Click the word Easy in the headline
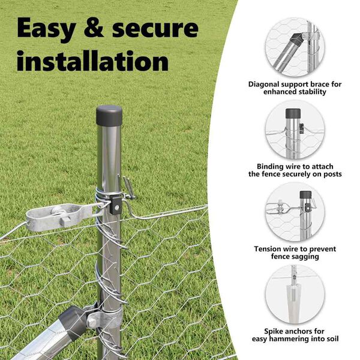coord(46,29)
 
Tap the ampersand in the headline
coord(94,28)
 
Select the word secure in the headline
coord(155,29)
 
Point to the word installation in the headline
coord(93,61)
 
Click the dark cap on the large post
coord(109,115)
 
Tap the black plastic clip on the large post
coord(115,205)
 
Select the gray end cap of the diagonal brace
coord(73,322)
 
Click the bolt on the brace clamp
coord(91,322)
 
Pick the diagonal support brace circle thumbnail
coord(295,47)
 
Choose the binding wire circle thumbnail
coord(295,129)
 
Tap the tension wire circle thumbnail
coord(295,212)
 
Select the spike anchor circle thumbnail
coord(295,294)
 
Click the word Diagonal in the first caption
coord(264,85)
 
